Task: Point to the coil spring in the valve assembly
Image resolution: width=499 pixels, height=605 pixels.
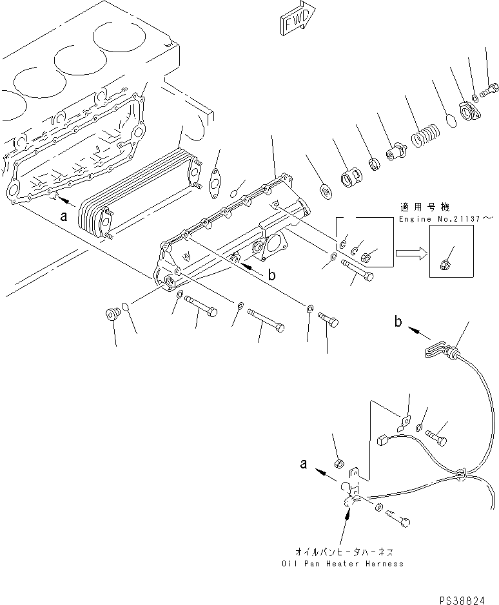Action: tap(423, 139)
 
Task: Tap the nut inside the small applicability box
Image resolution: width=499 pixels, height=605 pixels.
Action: tap(445, 263)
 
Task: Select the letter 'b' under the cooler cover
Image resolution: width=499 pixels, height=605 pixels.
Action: tap(271, 274)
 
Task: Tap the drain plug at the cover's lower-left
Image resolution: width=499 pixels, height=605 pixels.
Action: tap(113, 314)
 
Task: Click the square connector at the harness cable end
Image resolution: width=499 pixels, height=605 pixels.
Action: tap(381, 441)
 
